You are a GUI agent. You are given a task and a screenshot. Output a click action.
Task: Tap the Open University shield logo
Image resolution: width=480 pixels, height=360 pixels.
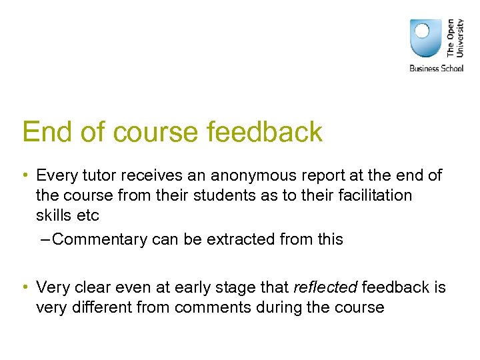pos(425,39)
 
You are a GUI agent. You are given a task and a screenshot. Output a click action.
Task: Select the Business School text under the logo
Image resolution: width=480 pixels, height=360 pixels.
pos(436,68)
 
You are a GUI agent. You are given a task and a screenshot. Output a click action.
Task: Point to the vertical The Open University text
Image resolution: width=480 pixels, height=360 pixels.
pos(455,37)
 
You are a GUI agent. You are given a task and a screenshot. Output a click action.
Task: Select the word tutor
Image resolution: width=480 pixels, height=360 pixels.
pos(95,176)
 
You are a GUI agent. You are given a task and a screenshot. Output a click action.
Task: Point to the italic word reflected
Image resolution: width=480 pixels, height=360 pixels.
pos(325,287)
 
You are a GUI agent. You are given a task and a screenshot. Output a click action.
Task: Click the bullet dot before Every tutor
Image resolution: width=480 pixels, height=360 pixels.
pos(25,176)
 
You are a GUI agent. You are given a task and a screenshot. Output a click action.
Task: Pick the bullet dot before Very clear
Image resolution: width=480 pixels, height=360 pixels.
pos(25,287)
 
